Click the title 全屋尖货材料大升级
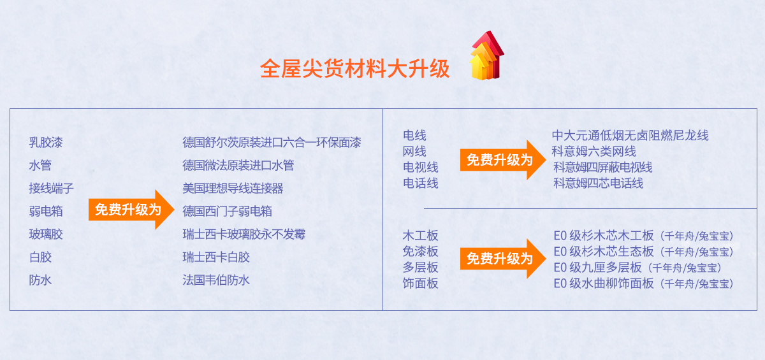355,69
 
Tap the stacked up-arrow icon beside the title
486,55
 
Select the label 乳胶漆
46,142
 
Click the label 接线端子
51,188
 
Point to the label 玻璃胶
46,234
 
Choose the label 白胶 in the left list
40,257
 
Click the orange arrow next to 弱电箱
131,210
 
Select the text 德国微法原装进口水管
238,165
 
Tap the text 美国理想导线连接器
233,188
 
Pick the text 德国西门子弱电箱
227,212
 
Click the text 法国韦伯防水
216,280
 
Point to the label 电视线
420,167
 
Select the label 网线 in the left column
414,151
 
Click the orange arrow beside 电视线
503,160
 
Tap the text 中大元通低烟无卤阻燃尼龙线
630,135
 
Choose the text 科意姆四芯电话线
599,184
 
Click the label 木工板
420,236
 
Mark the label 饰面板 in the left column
420,284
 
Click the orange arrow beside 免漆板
503,259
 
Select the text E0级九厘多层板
598,268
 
